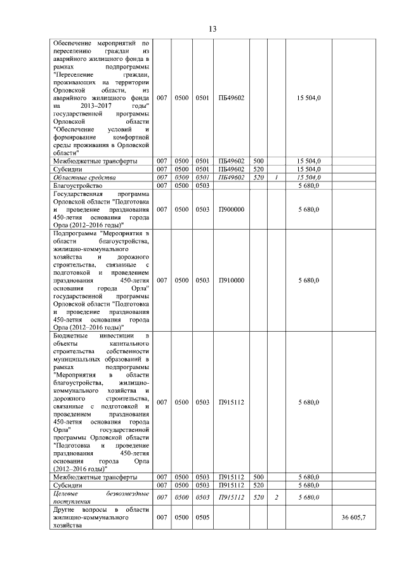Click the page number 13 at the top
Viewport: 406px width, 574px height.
click(x=213, y=29)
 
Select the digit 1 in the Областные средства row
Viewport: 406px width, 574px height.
click(x=277, y=178)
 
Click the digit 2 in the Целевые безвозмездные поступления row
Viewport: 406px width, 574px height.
click(x=277, y=497)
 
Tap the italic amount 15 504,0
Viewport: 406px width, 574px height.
click(x=308, y=178)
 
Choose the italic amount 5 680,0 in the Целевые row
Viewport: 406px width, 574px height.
click(x=308, y=497)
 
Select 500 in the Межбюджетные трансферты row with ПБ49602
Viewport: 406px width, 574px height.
click(x=258, y=161)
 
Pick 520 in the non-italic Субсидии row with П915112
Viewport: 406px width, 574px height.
click(x=258, y=485)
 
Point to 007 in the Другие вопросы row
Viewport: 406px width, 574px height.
click(x=162, y=518)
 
